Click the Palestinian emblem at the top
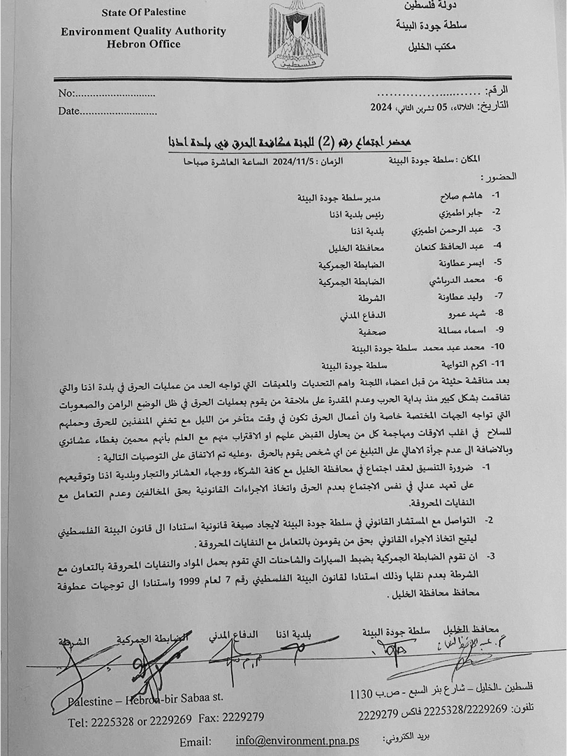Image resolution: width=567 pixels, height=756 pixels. (x=297, y=35)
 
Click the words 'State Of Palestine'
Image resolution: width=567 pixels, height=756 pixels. (x=144, y=13)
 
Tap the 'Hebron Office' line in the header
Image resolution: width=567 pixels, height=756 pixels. (x=143, y=44)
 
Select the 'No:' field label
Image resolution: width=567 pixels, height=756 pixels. (x=66, y=94)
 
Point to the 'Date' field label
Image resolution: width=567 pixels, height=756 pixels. (x=69, y=110)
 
